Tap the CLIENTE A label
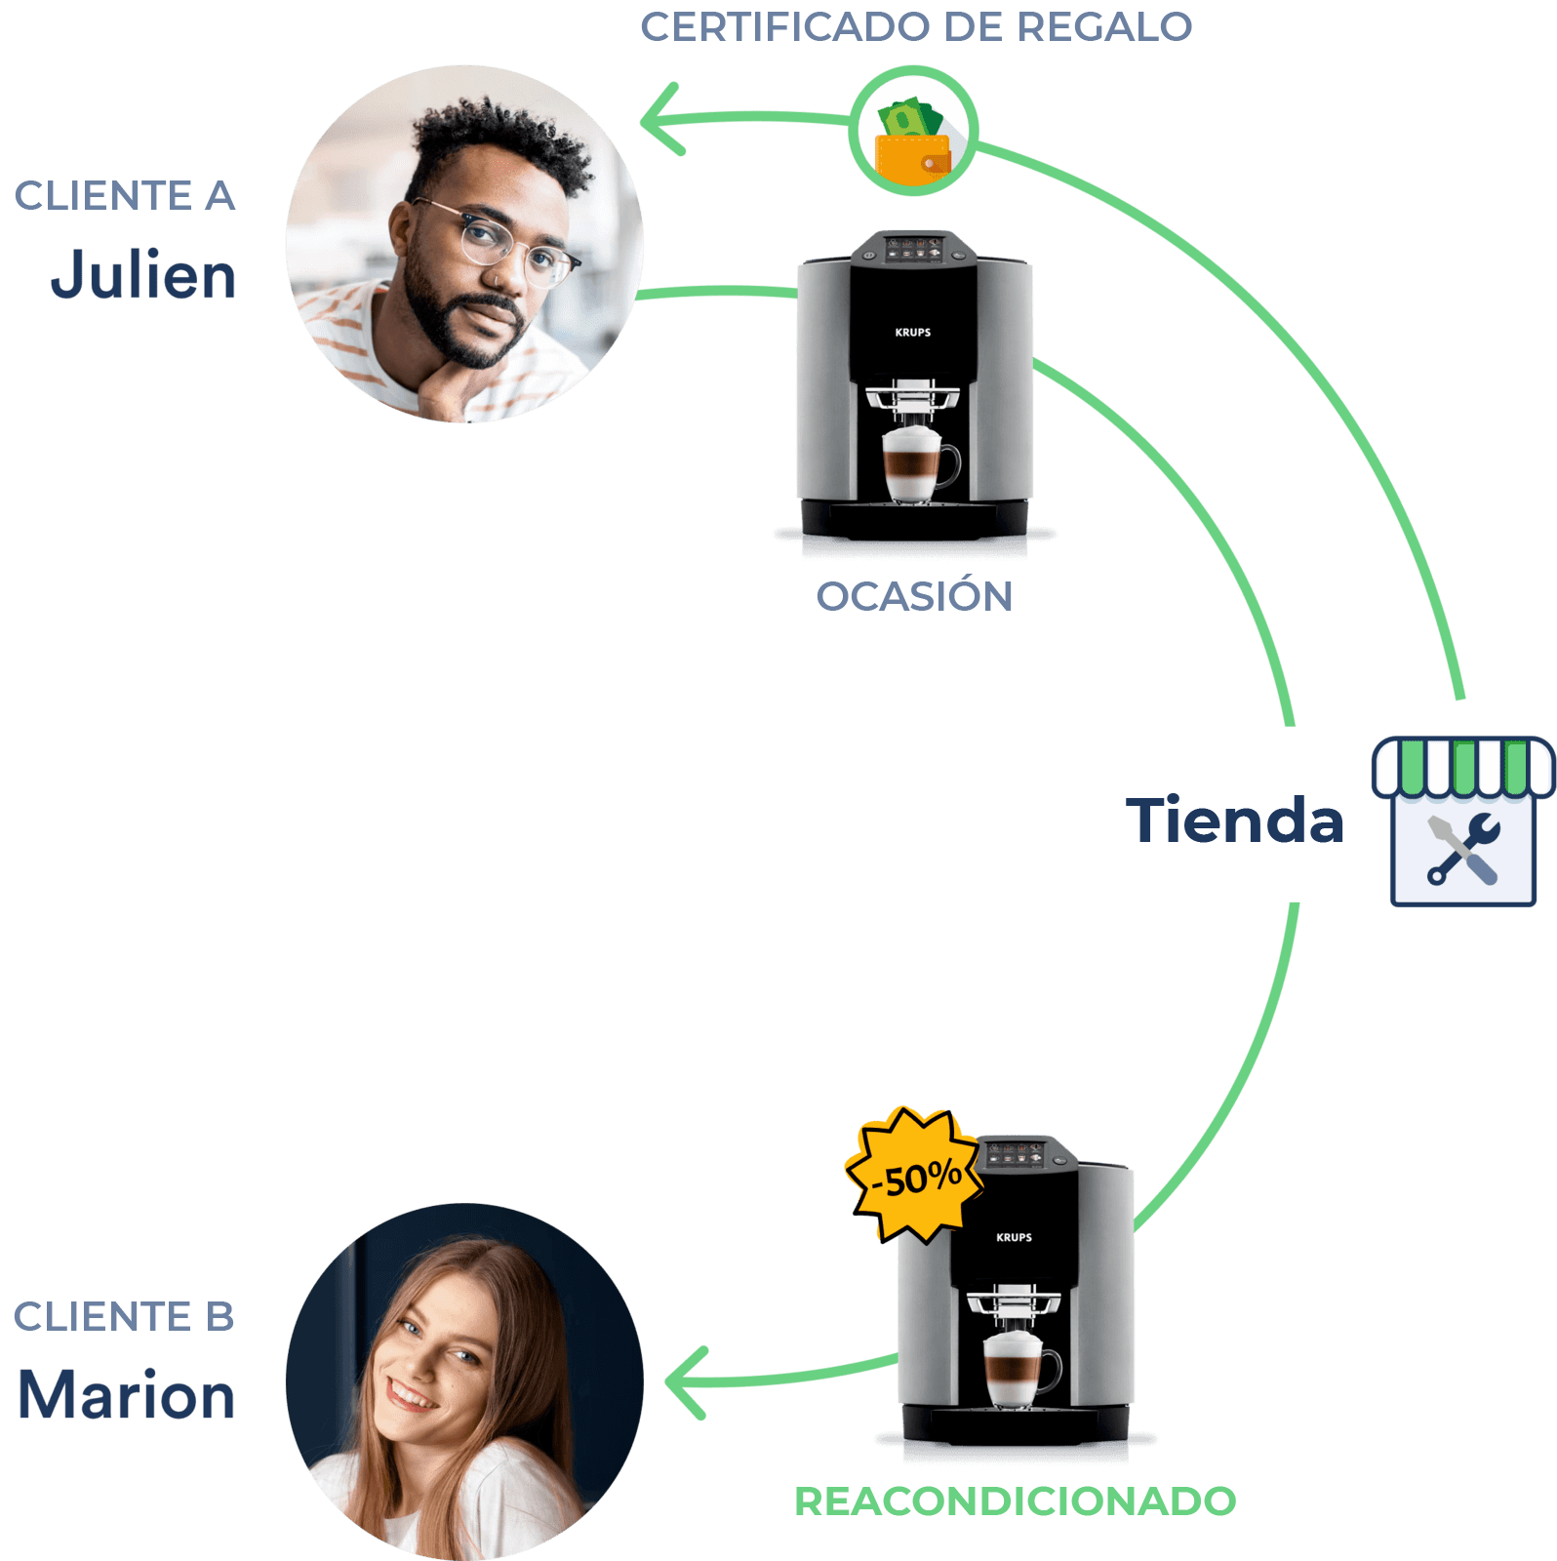(126, 196)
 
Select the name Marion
(128, 1395)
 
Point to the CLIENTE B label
(125, 1316)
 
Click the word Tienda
(1235, 820)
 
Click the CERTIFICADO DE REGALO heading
(916, 26)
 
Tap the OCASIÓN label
(914, 597)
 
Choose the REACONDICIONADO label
(1017, 1501)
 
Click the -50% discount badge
(914, 1177)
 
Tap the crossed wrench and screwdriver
(1462, 850)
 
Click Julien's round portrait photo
(464, 244)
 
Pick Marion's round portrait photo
(464, 1381)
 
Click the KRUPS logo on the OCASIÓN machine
(913, 333)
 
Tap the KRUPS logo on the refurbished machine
(1014, 1237)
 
